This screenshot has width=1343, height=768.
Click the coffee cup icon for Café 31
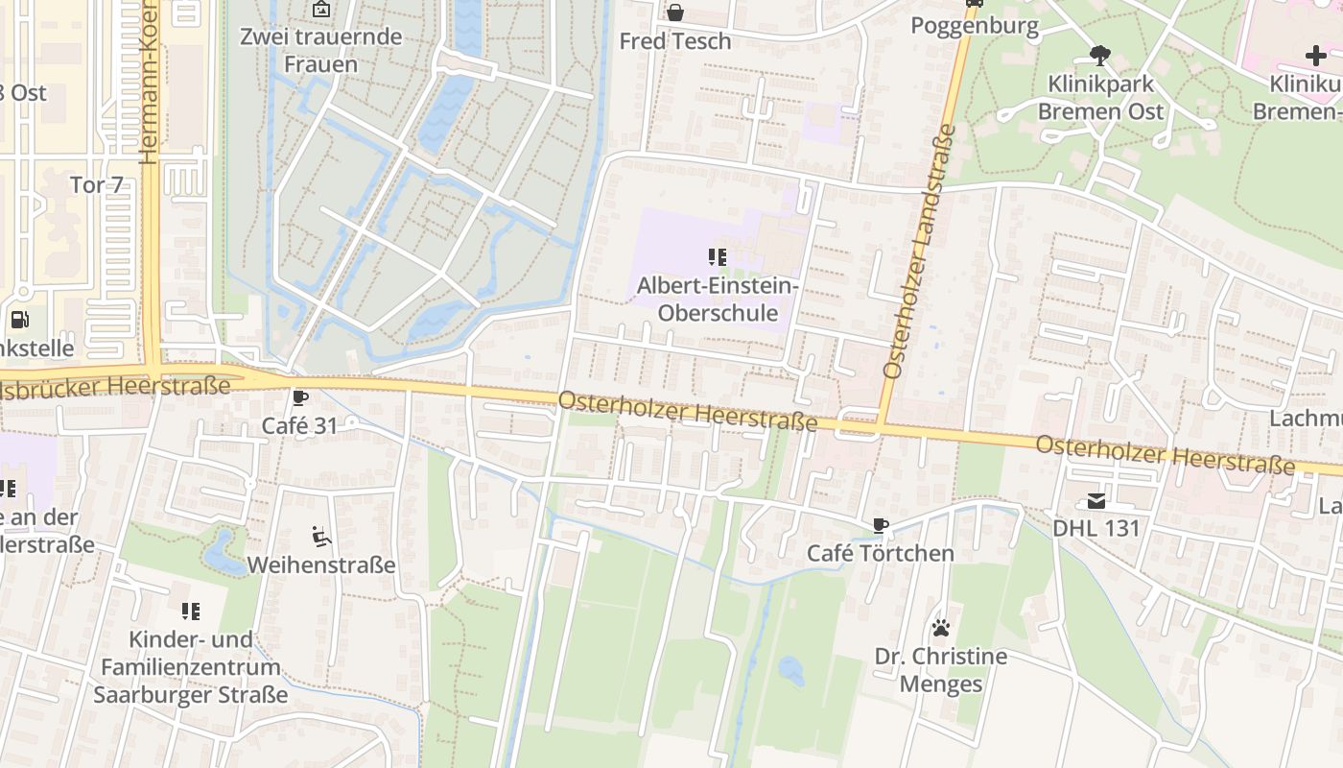pyautogui.click(x=300, y=397)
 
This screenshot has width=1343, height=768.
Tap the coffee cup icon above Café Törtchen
pyautogui.click(x=880, y=525)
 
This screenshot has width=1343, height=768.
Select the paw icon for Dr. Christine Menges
pyautogui.click(x=941, y=628)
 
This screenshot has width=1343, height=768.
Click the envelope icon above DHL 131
pyautogui.click(x=1096, y=500)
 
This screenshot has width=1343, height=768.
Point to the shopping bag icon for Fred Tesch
pyautogui.click(x=675, y=12)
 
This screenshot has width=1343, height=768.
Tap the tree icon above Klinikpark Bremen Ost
pyautogui.click(x=1099, y=56)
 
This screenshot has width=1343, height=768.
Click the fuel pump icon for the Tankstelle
pyautogui.click(x=18, y=320)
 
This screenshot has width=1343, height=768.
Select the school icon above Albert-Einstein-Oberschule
pyautogui.click(x=718, y=256)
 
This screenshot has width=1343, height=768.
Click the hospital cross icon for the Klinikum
pyautogui.click(x=1316, y=56)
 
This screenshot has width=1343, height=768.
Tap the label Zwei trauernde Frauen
pyautogui.click(x=321, y=51)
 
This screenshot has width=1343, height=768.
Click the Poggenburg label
pyautogui.click(x=975, y=26)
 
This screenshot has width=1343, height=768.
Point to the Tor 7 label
pyautogui.click(x=97, y=184)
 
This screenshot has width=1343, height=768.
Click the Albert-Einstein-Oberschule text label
pyautogui.click(x=718, y=299)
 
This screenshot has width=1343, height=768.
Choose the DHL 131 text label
pyautogui.click(x=1096, y=528)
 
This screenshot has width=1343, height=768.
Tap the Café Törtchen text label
pyautogui.click(x=880, y=553)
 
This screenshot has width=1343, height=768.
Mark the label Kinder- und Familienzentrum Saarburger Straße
pyautogui.click(x=190, y=667)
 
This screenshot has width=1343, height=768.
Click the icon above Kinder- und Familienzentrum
pyautogui.click(x=190, y=611)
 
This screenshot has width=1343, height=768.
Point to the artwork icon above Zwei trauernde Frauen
pyautogui.click(x=321, y=10)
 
